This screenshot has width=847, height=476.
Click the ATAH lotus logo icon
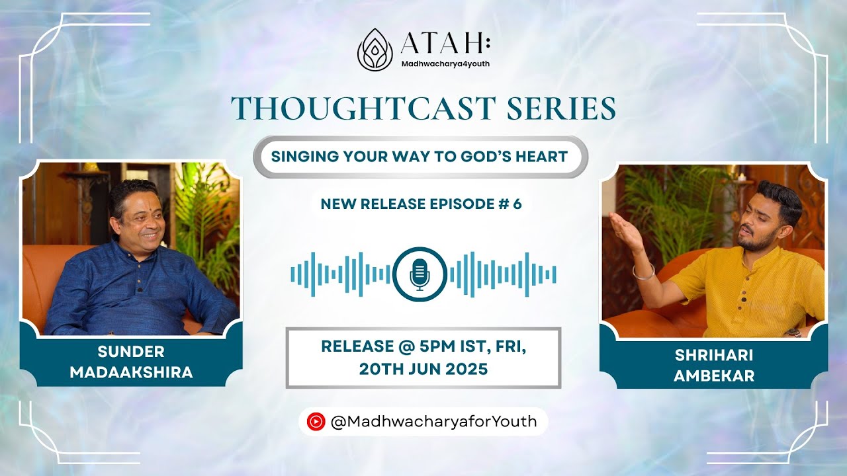coord(375,50)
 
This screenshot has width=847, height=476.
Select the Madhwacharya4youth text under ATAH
coord(445,64)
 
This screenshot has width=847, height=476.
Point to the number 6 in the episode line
coord(517,204)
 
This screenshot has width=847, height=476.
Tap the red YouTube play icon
coord(316,421)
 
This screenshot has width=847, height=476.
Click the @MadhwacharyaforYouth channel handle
coord(433,421)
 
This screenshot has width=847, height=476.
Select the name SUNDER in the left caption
coord(131,352)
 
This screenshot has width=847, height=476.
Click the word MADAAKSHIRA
coord(131,372)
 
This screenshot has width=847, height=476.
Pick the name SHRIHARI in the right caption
coord(714,356)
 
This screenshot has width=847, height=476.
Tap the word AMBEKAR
coord(714,376)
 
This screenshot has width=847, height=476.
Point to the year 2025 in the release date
coord(465,369)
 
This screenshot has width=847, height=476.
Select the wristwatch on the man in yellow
coord(793,333)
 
